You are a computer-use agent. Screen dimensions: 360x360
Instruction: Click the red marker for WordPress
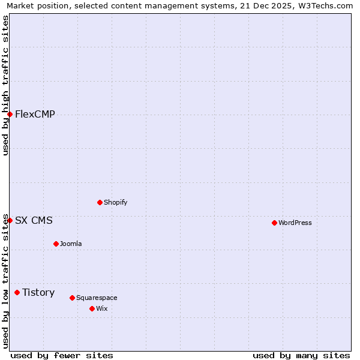coord(274,223)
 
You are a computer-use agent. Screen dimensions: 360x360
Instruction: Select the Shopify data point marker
coord(100,202)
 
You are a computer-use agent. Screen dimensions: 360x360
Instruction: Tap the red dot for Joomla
coord(56,244)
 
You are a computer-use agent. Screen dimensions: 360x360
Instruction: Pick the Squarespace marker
coord(72,298)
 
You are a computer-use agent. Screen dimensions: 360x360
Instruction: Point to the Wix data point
coord(92,308)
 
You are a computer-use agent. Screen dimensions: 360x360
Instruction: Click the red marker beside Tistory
coord(17,292)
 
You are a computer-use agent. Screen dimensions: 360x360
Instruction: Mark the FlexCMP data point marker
coord(10,114)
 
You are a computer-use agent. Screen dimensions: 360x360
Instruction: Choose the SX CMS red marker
coord(10,220)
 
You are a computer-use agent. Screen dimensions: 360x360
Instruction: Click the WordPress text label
coord(295,223)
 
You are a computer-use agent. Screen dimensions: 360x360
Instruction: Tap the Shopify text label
coord(116,203)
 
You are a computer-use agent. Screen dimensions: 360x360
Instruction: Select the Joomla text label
coord(71,244)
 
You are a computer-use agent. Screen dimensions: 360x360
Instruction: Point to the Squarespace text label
coord(97,298)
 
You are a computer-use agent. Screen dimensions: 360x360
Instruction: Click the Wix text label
coord(102,309)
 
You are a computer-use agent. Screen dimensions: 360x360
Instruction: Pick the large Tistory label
coord(38,293)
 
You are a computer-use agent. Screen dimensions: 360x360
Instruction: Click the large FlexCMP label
coord(35,115)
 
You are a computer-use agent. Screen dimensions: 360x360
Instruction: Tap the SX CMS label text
coord(34,221)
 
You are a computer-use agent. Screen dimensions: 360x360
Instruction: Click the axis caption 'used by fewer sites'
coord(62,355)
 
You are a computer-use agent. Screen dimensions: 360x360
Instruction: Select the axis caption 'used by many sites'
coord(301,355)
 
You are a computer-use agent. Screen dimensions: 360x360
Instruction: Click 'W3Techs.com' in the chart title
coord(325,6)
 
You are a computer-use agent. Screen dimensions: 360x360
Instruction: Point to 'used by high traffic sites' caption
coord(5,85)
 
